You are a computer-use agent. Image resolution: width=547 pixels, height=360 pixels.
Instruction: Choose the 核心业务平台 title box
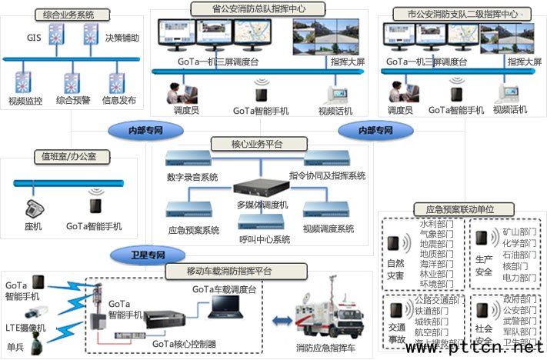coord(246,144)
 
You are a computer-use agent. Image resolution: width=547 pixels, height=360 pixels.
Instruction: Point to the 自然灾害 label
coord(396,267)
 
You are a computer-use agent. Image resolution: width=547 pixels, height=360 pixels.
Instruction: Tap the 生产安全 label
coord(484,266)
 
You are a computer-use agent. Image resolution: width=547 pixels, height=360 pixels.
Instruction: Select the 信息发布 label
coord(119,100)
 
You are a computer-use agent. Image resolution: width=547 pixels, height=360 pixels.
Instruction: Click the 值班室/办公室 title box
coord(68,158)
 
